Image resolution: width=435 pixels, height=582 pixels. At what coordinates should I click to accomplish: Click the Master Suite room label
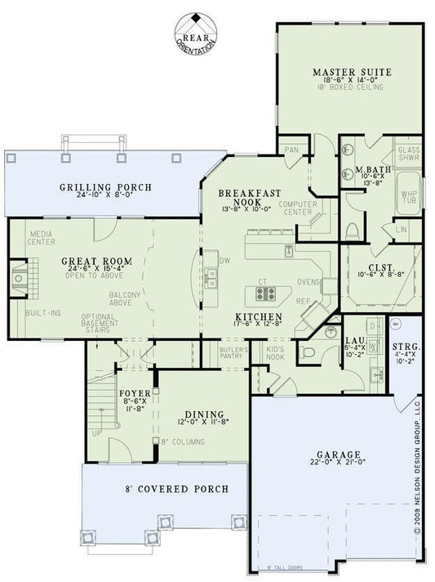[x=353, y=73]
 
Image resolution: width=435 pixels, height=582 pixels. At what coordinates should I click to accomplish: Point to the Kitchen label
[x=259, y=316]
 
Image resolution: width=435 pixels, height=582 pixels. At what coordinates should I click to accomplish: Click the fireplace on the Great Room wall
[x=19, y=278]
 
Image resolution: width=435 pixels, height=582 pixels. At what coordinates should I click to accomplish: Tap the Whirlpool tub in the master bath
[x=408, y=198]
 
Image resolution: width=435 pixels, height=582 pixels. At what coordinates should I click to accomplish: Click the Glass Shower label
[x=408, y=155]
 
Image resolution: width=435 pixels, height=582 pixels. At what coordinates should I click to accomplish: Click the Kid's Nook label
[x=274, y=352]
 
